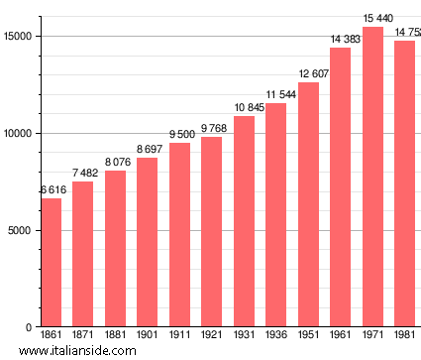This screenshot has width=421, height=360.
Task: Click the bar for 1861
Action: pos(51,263)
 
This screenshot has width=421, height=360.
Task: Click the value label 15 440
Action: pos(372,19)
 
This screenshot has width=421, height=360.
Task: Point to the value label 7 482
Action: pos(83,174)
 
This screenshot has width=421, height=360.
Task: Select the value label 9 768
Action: pos(212,129)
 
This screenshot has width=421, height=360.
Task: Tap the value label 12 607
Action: pos(308,74)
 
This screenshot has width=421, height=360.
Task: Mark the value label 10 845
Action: pos(244,108)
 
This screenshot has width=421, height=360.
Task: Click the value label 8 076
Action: pos(115,162)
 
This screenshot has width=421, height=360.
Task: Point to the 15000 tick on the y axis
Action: pos(20,37)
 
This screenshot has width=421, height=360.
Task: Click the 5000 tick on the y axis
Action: pos(23,231)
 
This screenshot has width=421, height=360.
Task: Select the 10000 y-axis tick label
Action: pos(20,134)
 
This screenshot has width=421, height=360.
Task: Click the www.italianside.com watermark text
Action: pos(83,351)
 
